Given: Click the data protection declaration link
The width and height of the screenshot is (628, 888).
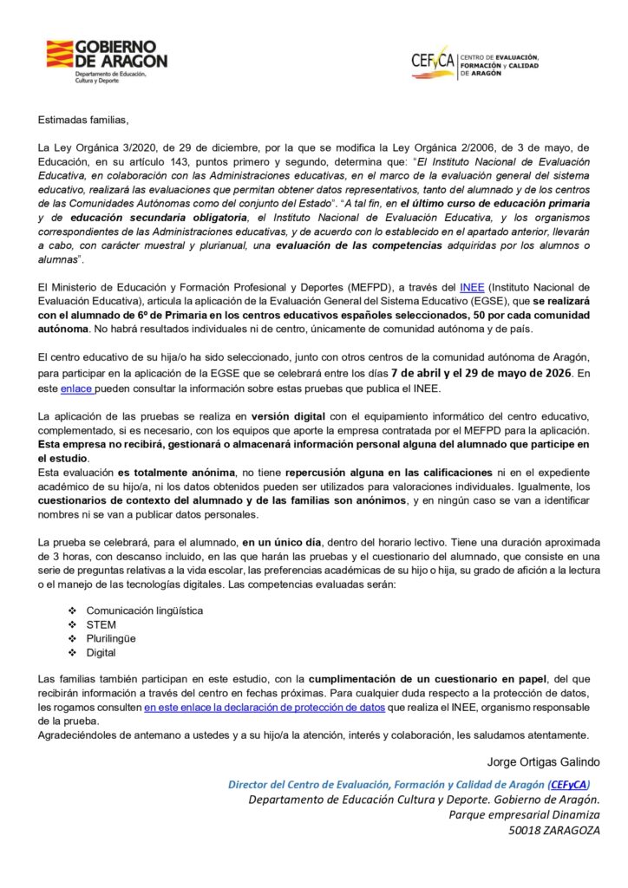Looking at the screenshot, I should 264,708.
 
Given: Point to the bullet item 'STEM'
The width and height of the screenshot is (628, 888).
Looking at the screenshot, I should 101,624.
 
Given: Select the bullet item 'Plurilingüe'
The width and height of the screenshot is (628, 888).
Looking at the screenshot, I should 111,637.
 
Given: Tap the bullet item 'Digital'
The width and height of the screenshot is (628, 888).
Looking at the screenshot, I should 101,652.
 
